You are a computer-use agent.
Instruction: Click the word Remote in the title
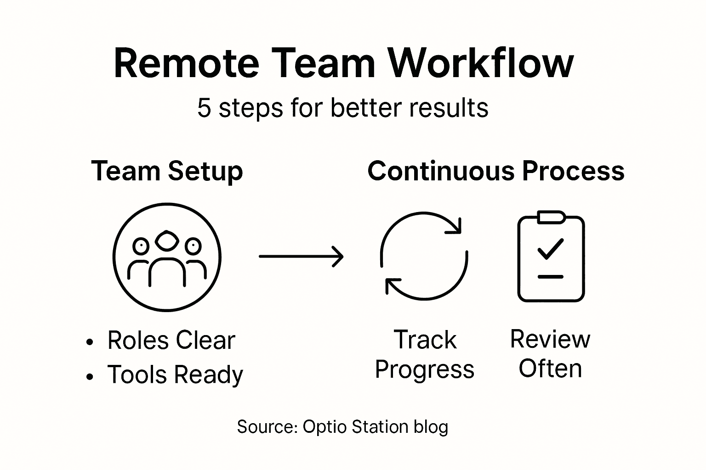click(x=186, y=63)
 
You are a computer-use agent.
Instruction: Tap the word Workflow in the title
click(x=481, y=63)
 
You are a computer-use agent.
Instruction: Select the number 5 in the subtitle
click(x=204, y=108)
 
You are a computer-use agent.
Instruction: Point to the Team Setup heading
click(x=167, y=171)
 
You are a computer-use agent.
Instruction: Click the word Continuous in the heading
click(x=441, y=171)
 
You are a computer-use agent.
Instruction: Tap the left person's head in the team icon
click(x=141, y=246)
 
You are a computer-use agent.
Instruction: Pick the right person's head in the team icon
click(x=193, y=246)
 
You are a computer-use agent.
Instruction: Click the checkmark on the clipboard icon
click(x=550, y=248)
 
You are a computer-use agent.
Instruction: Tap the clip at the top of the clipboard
click(x=551, y=217)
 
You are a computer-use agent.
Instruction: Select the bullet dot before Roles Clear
click(x=90, y=342)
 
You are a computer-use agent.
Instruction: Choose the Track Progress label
click(x=425, y=354)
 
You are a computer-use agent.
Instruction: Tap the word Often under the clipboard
click(x=550, y=369)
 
